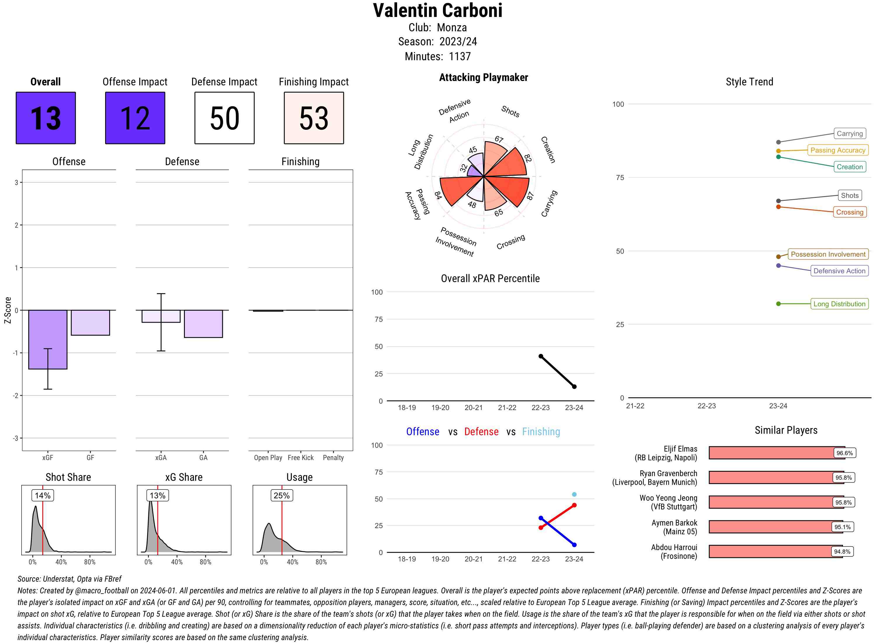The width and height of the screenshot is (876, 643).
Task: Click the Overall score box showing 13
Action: pyautogui.click(x=46, y=118)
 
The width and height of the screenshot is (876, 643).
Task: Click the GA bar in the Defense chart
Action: pyautogui.click(x=203, y=324)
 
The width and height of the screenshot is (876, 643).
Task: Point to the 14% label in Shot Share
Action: pyautogui.click(x=42, y=495)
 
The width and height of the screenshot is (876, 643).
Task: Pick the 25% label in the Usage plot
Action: pyautogui.click(x=281, y=495)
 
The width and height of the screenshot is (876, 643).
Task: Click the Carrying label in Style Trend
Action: pyautogui.click(x=849, y=134)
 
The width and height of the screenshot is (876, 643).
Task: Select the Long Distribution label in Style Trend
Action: pyautogui.click(x=839, y=304)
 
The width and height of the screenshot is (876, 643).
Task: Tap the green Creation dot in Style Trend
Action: pyautogui.click(x=778, y=157)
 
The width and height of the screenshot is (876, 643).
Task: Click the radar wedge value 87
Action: pyautogui.click(x=530, y=196)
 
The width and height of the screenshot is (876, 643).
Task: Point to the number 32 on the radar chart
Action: pyautogui.click(x=463, y=168)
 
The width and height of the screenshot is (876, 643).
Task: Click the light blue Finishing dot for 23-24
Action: pyautogui.click(x=574, y=494)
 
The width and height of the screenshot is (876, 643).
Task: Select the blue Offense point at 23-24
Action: pyautogui.click(x=574, y=545)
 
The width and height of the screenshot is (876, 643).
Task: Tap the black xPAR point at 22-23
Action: pyautogui.click(x=540, y=356)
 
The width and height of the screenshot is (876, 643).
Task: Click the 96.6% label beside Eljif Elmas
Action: pyautogui.click(x=844, y=453)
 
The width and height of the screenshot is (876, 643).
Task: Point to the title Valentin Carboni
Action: pyautogui.click(x=437, y=11)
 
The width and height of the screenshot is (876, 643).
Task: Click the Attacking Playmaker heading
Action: pyautogui.click(x=483, y=77)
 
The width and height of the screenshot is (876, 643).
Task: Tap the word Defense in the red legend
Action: pyautogui.click(x=481, y=432)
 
